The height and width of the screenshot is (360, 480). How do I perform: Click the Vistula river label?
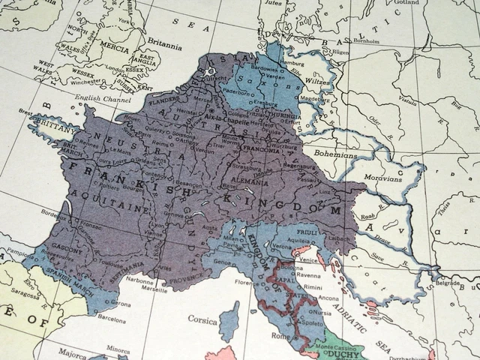[x=409, y=99]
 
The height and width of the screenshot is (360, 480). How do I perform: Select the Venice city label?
[x=307, y=260]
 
